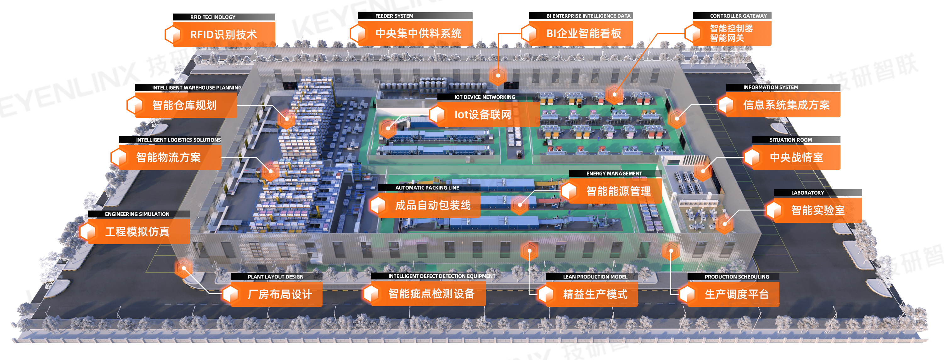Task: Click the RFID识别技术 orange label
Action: (x=223, y=35)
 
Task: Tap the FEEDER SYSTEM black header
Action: (x=394, y=16)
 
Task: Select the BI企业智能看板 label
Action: (x=583, y=33)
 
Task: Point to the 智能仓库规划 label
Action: (x=184, y=105)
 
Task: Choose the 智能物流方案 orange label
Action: (x=169, y=157)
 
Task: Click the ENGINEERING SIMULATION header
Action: (x=138, y=214)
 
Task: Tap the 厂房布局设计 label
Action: (x=280, y=294)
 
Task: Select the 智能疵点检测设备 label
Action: (x=431, y=294)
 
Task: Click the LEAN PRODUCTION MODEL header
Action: (x=595, y=277)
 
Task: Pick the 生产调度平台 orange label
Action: (x=737, y=294)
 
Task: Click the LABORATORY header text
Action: (x=807, y=193)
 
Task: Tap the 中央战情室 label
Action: (x=796, y=157)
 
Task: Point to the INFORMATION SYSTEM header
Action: (x=770, y=87)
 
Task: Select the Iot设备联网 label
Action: (x=483, y=115)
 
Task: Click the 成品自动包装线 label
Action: (x=432, y=205)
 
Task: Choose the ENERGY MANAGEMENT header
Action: (x=614, y=173)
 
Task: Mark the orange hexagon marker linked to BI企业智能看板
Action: (x=498, y=76)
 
